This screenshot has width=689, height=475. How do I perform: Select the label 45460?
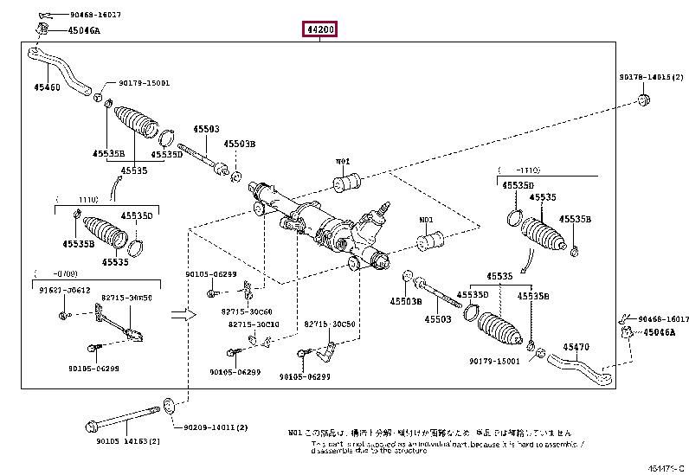tap(47, 87)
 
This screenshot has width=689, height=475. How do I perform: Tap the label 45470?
tap(577, 347)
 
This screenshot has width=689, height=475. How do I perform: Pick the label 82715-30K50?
tap(126, 297)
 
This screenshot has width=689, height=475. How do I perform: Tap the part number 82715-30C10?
tap(254, 324)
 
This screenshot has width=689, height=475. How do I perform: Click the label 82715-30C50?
tap(329, 324)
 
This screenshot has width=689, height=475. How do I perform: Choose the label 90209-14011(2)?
tap(216, 427)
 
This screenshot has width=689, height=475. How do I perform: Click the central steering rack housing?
tap(329, 229)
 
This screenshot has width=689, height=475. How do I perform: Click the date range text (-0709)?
tap(45, 273)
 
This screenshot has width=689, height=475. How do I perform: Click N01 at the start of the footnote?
tap(294, 431)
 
